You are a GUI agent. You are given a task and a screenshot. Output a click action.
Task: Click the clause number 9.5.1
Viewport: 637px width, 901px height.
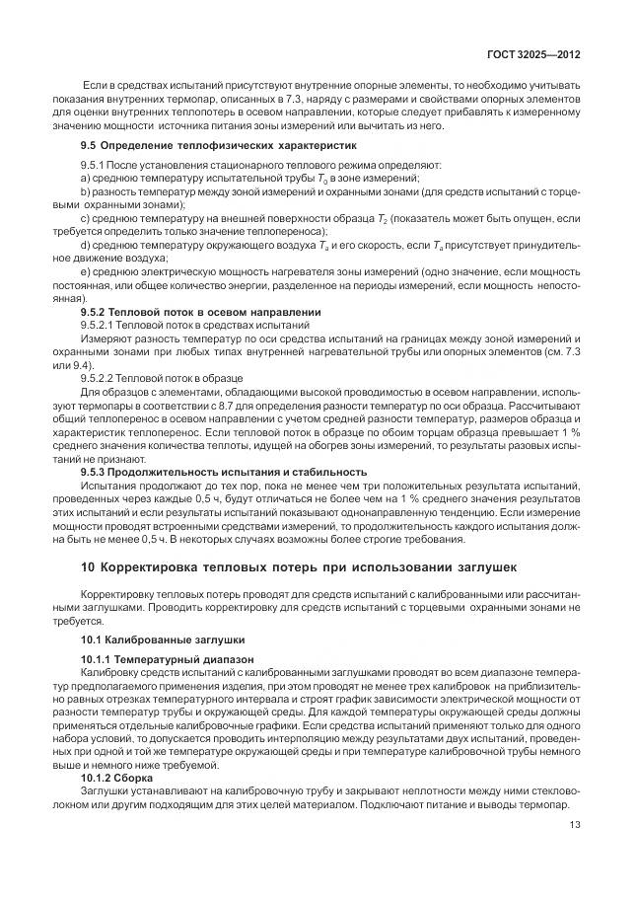tap(94, 163)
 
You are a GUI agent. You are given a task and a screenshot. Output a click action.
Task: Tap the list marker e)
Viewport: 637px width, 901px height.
tap(85, 270)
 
